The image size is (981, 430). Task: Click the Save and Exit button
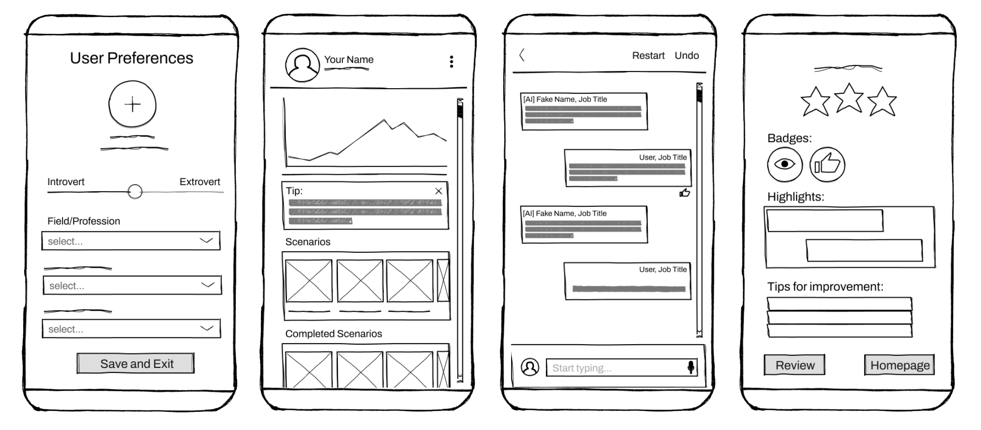[x=135, y=363]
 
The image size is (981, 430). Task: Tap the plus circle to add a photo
[x=133, y=104]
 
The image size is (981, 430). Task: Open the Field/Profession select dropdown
[x=131, y=241]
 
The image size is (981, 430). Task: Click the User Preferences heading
[x=132, y=58]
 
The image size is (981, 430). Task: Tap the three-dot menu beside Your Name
[x=451, y=62]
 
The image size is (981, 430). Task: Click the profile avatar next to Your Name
[x=302, y=65]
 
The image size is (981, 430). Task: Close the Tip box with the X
[x=438, y=191]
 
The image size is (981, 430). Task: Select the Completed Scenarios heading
[x=334, y=334]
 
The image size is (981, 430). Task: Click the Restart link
[x=648, y=56]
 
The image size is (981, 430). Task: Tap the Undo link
[x=687, y=56]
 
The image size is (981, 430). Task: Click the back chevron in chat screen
[x=522, y=55]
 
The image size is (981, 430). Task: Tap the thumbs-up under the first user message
[x=684, y=193]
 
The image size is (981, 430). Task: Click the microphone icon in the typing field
[x=690, y=367]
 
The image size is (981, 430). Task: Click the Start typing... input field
[x=621, y=367]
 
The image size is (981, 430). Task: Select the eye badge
[x=785, y=164]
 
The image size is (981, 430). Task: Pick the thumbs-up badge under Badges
[x=827, y=164]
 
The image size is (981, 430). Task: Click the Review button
[x=794, y=365]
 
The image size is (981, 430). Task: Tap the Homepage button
[x=899, y=365]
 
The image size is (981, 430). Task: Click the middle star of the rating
[x=848, y=98]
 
